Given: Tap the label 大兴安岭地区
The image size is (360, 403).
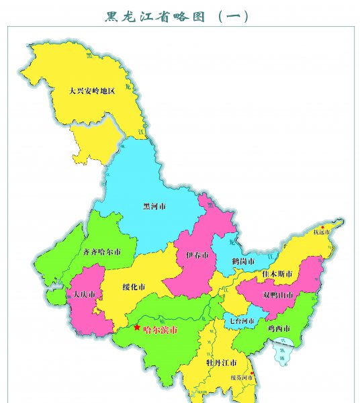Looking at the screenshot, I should tap(92, 90).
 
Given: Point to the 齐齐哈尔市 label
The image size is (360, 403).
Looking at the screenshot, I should tap(101, 253).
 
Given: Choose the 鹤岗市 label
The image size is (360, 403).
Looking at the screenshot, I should tap(242, 261).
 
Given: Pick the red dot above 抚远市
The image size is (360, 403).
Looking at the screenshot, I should tap(323, 227).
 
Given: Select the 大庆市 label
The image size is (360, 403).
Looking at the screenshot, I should tap(85, 295).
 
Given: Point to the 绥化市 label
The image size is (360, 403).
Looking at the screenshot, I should tap(134, 287).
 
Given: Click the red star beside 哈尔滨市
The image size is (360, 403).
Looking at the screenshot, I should tap(138, 328).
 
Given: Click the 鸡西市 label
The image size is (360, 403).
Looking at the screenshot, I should tap(277, 328).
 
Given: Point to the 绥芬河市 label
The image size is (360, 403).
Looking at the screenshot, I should tap(240, 379).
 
